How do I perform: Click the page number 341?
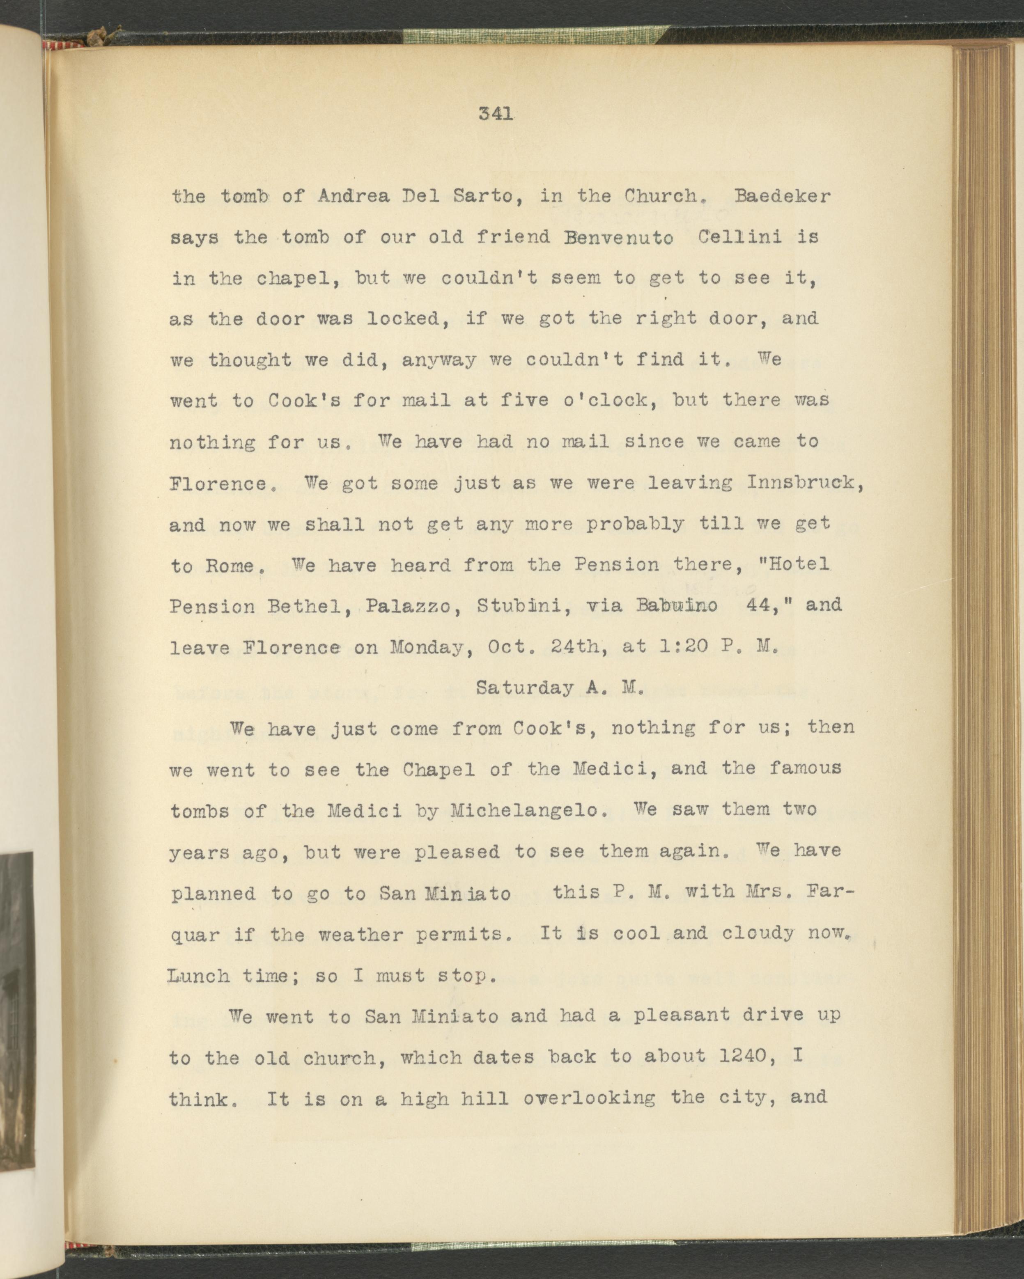click(496, 113)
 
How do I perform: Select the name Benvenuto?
click(619, 237)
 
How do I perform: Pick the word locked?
click(408, 319)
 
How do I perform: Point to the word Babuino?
click(676, 606)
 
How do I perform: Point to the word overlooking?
click(589, 1098)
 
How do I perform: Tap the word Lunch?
click(199, 976)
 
